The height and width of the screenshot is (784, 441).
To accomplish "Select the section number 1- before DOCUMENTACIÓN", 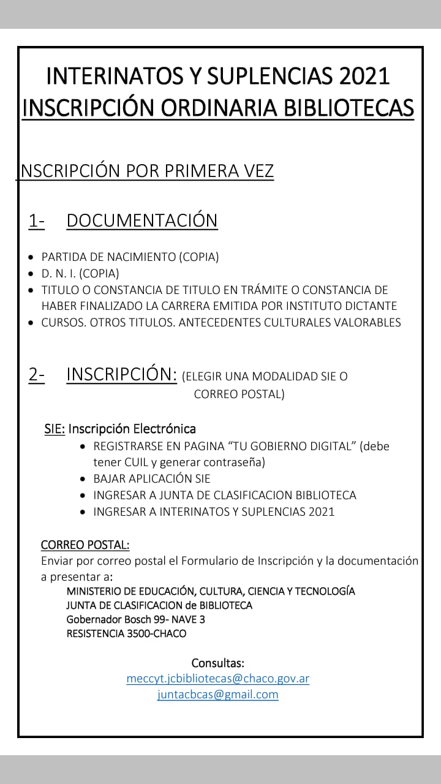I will tap(36, 221).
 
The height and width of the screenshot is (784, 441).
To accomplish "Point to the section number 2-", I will tap(36, 374).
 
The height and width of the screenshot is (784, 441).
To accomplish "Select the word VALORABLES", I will tap(367, 322).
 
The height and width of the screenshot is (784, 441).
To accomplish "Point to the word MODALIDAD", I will tap(284, 377).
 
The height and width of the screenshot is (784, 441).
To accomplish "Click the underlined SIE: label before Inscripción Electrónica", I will tap(55, 429).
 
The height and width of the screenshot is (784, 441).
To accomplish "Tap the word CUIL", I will tap(138, 462).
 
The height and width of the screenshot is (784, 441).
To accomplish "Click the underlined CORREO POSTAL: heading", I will tap(85, 545).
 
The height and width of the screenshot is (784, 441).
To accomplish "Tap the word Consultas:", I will tap(217, 663).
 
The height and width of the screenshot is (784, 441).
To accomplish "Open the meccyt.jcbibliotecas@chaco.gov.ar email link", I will tap(217, 679).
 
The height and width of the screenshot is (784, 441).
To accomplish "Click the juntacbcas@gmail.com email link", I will tap(217, 695).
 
